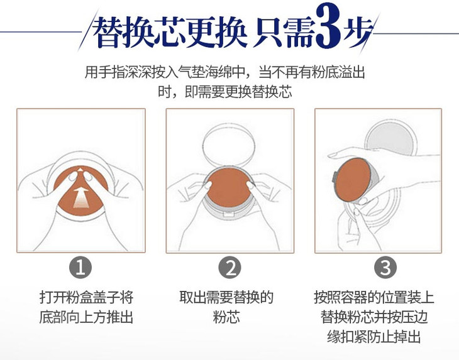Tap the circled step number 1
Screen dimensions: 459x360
pyautogui.click(x=80, y=267)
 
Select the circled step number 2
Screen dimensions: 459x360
pyautogui.click(x=229, y=267)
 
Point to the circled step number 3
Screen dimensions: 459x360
pyautogui.click(x=385, y=267)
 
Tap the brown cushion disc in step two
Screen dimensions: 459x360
pyautogui.click(x=229, y=188)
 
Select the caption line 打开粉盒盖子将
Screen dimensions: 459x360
pyautogui.click(x=86, y=297)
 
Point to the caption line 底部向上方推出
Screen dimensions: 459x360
pyautogui.click(x=86, y=317)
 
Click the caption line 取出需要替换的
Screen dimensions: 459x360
pyautogui.click(x=226, y=297)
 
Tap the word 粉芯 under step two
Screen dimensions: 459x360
pyautogui.click(x=226, y=317)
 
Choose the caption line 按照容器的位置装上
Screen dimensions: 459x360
pyautogui.click(x=374, y=297)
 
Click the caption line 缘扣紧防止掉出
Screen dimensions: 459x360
pyautogui.click(x=374, y=337)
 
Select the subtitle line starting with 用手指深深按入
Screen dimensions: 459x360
pyautogui.click(x=225, y=72)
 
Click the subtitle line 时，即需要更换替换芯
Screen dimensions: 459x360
pyautogui.click(x=225, y=92)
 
